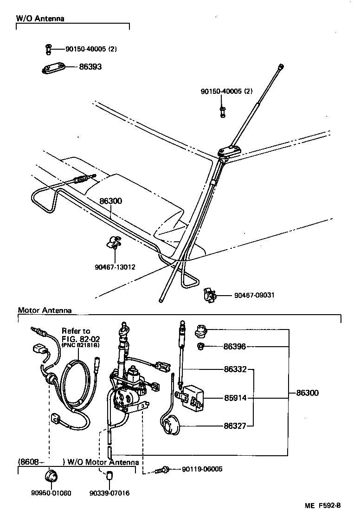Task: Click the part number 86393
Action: (90, 67)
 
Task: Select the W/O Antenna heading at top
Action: (40, 19)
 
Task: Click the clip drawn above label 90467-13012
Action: (113, 243)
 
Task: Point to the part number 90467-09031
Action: (254, 295)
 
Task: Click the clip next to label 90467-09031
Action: (210, 295)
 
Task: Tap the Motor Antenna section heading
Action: (45, 310)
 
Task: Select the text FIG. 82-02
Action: (79, 338)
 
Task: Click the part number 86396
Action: (234, 346)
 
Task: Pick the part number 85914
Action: (235, 398)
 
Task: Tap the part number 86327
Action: (235, 425)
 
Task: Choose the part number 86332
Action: (235, 369)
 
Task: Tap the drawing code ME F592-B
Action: (322, 505)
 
